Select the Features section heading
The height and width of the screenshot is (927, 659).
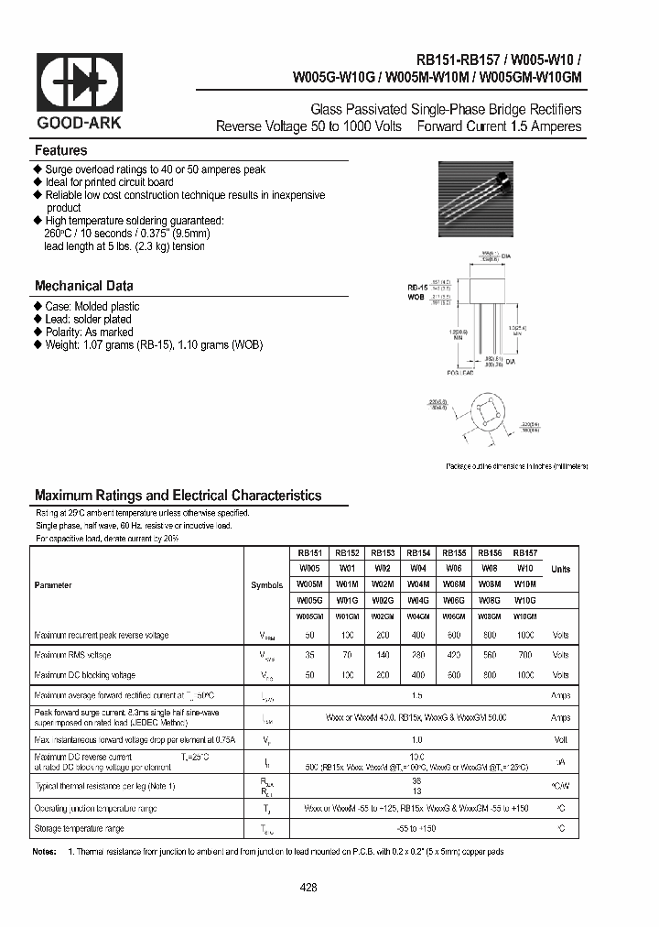coord(61,150)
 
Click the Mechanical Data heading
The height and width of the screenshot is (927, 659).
coord(84,286)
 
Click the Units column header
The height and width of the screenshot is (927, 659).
coord(560,569)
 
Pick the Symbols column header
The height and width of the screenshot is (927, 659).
coord(266,584)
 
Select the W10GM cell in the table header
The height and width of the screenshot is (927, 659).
coord(524,617)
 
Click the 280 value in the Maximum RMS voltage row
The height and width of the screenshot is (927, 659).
coord(417,655)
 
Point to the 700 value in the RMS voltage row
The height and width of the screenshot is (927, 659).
coord(524,655)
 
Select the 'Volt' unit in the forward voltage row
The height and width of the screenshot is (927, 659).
coord(560,738)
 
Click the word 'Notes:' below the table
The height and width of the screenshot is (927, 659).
coord(45,852)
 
